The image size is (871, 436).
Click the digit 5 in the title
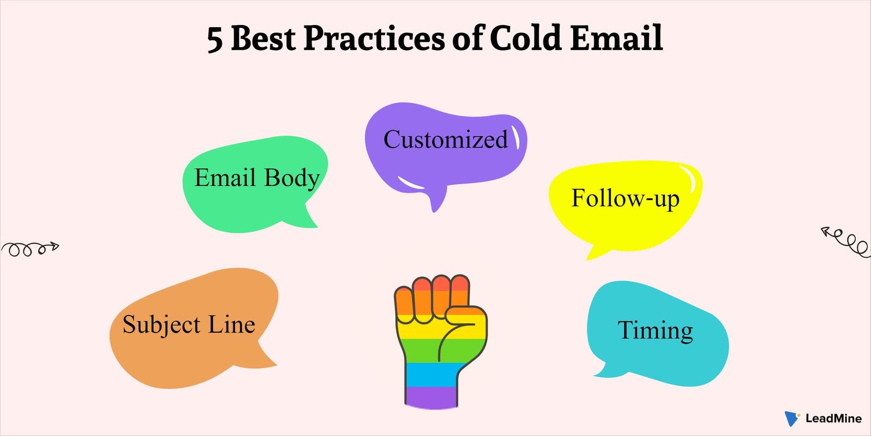tap(215, 40)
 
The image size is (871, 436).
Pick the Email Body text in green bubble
tap(256, 178)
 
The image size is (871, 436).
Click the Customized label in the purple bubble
tap(445, 140)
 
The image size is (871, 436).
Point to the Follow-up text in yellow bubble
tap(625, 198)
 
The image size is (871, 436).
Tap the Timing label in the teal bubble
tap(655, 330)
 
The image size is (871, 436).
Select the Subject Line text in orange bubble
tap(188, 325)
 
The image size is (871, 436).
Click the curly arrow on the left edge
tap(29, 249)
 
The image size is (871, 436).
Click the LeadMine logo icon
tap(792, 419)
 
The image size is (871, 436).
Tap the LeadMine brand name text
tap(833, 419)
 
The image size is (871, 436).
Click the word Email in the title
tap(616, 38)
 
